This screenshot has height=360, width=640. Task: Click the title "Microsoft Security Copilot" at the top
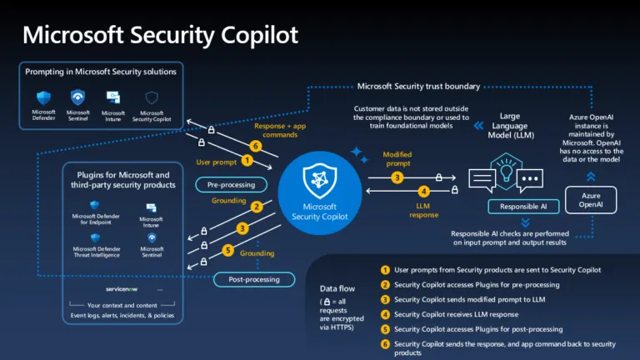160,35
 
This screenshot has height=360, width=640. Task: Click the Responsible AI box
523,206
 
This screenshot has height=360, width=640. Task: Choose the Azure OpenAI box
591,200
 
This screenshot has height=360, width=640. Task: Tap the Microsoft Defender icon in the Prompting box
43,97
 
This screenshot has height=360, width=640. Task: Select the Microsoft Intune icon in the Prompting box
113,97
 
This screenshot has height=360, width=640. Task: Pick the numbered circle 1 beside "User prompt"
247,160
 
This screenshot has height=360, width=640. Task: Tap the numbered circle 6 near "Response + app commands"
256,145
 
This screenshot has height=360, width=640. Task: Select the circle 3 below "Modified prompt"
397,177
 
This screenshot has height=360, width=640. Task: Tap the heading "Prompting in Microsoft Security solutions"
102,72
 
